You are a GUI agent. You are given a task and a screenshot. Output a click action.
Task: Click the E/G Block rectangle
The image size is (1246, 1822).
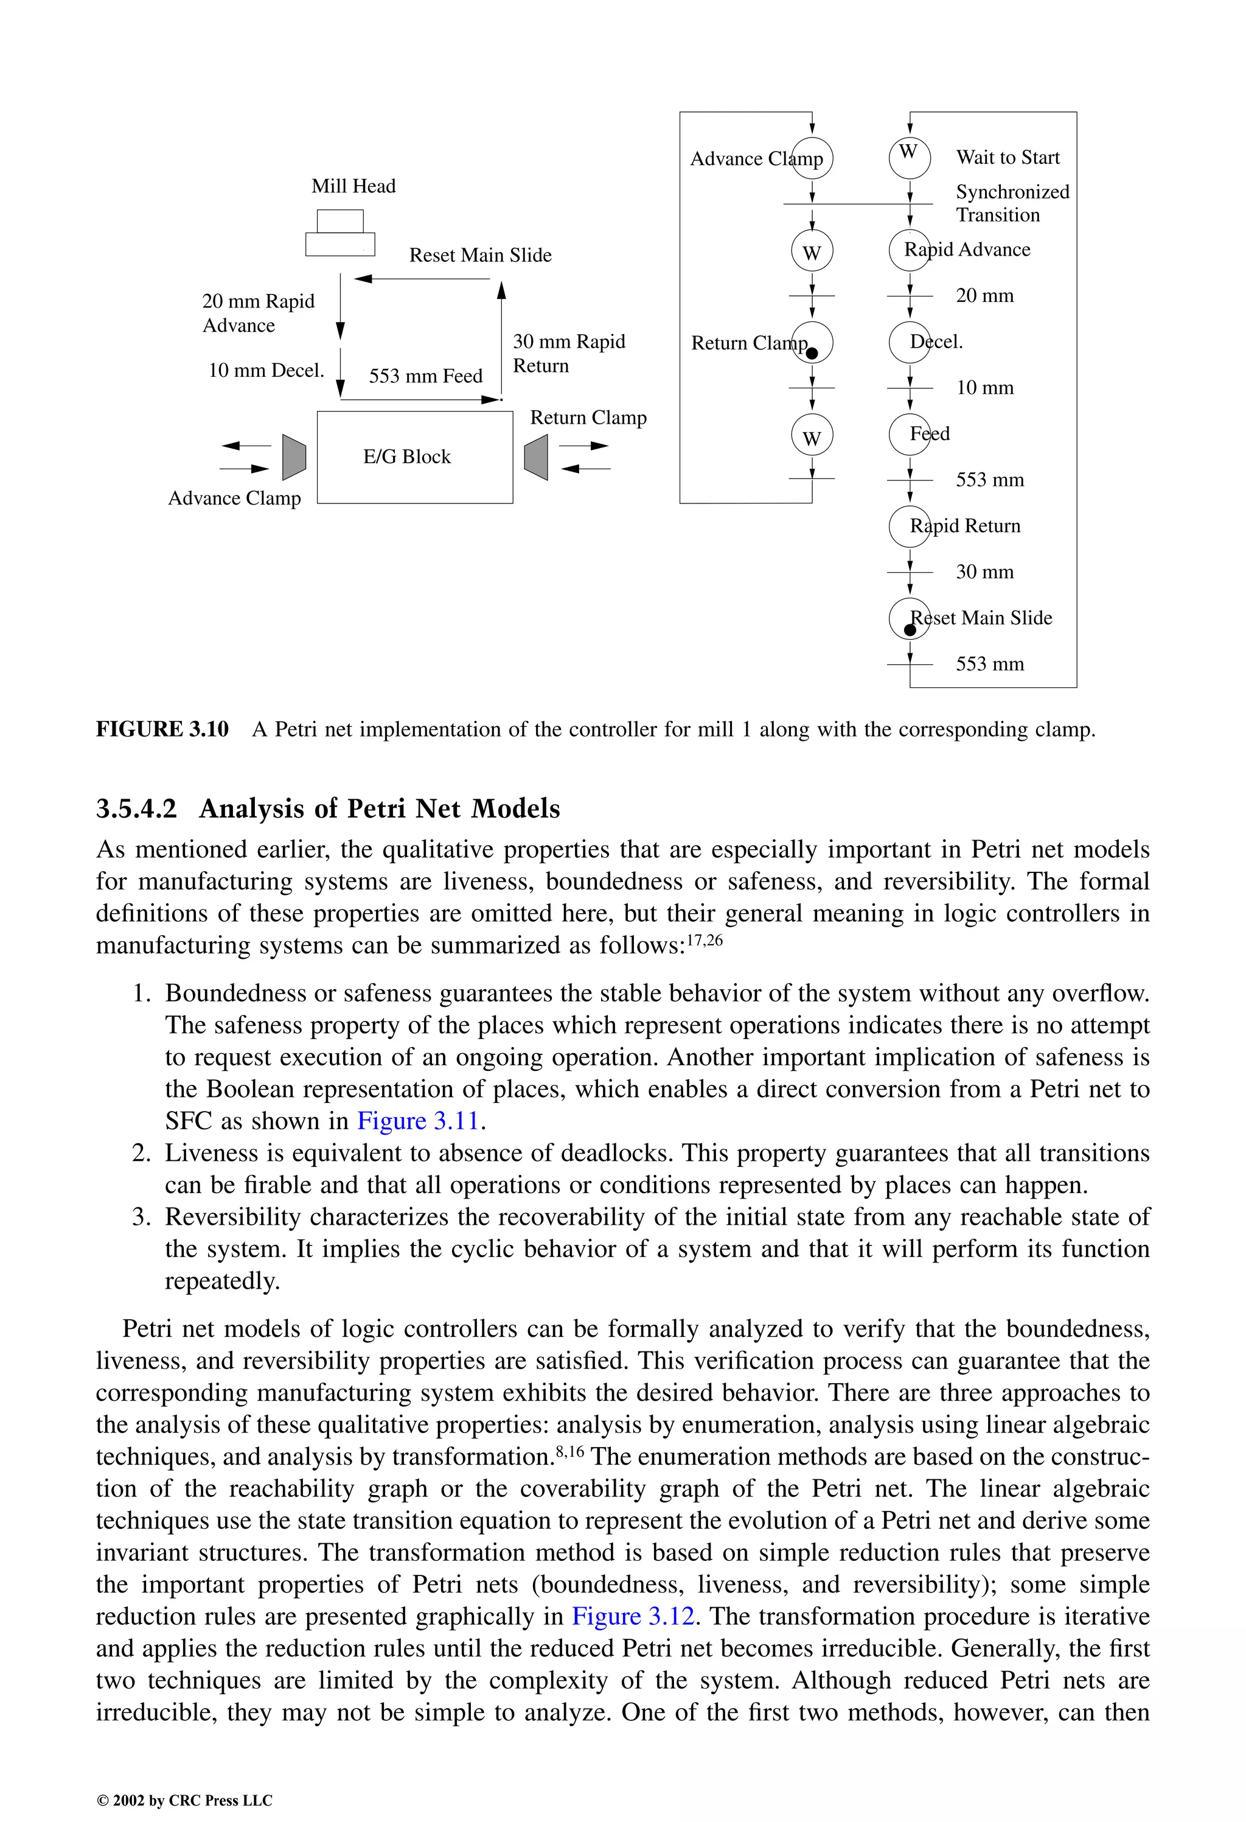(x=414, y=457)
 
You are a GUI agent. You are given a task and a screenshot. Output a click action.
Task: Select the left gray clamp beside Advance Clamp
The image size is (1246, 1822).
(x=294, y=457)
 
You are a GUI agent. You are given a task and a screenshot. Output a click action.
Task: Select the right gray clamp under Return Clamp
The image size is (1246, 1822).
(x=536, y=457)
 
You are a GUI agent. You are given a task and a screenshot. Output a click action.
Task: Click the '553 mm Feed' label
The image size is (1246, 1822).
(x=425, y=376)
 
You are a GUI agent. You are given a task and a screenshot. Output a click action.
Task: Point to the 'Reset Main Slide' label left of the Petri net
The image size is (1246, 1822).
(x=481, y=256)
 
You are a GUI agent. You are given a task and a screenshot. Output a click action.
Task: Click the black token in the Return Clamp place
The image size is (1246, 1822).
(x=812, y=354)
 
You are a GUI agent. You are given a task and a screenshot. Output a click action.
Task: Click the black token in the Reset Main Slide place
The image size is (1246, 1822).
(x=910, y=629)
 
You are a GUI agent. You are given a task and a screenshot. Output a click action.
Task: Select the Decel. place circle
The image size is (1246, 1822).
(x=909, y=342)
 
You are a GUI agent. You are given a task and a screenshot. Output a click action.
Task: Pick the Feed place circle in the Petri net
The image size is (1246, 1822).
(x=909, y=434)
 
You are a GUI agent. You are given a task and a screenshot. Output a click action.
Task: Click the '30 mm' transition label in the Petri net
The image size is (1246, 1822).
(x=984, y=572)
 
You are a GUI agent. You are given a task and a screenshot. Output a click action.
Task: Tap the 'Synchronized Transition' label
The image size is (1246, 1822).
(x=1012, y=204)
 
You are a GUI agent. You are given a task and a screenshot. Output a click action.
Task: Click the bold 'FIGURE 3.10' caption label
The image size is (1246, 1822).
(x=162, y=730)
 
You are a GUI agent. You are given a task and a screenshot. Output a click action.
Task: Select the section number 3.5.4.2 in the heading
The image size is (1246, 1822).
(x=136, y=809)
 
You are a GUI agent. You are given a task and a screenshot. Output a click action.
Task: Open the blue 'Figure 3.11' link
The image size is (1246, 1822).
(x=418, y=1121)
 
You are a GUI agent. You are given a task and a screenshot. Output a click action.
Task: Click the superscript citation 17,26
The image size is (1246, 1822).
(x=704, y=940)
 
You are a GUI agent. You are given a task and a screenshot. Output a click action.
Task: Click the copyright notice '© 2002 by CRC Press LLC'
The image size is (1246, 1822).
(x=184, y=1800)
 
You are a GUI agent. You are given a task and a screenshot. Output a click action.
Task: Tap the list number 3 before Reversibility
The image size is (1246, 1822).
(x=141, y=1218)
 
